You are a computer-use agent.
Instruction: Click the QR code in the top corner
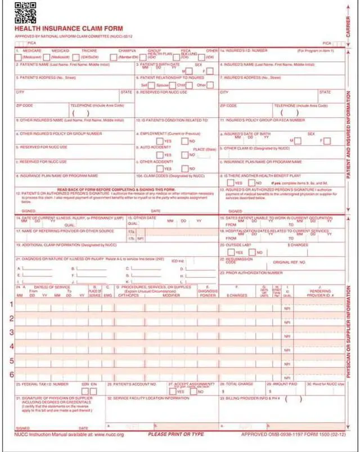(x=25, y=12)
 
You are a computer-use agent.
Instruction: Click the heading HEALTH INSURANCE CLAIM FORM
(x=68, y=28)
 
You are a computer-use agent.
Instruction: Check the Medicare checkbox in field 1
(x=19, y=57)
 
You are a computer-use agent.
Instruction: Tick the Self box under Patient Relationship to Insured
(x=152, y=85)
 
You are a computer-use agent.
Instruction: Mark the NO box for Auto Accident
(x=184, y=155)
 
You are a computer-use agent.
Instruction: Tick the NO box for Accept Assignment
(x=193, y=391)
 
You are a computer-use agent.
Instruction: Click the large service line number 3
(x=11, y=332)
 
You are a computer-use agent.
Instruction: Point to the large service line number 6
(x=11, y=374)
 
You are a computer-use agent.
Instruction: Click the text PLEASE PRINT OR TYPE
(x=175, y=435)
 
